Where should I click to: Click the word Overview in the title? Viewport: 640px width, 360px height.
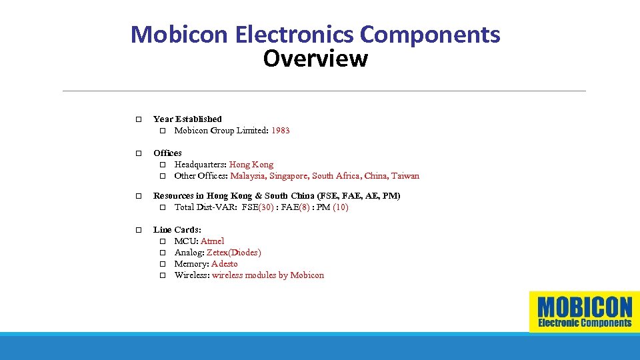[315, 59]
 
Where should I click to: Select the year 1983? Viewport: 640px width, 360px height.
[280, 131]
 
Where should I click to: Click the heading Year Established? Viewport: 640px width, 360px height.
[187, 119]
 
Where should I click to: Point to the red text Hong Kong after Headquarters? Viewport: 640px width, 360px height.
[251, 165]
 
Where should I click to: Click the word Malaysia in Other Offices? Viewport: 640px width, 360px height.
[248, 176]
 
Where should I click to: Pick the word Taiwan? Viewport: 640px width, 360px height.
[405, 176]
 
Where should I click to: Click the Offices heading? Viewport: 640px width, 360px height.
[167, 153]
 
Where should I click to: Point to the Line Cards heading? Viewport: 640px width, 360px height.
[177, 230]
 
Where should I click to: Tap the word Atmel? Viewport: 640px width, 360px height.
[212, 241]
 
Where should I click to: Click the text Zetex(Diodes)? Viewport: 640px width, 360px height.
[233, 253]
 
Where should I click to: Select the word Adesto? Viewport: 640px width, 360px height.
[224, 264]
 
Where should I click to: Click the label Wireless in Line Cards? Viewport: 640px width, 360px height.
[191, 275]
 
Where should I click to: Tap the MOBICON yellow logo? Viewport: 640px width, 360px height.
[584, 311]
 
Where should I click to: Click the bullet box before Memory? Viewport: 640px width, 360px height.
[162, 264]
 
